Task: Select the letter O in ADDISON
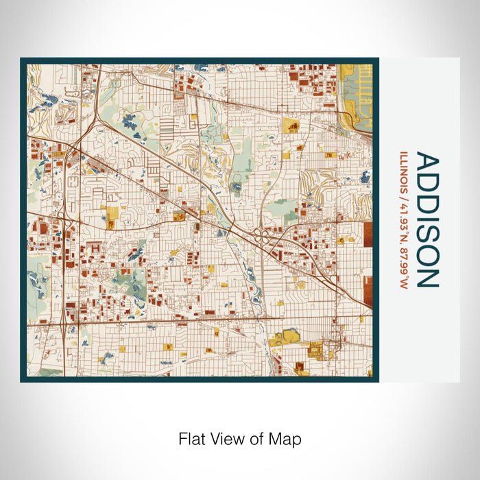[427, 253]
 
